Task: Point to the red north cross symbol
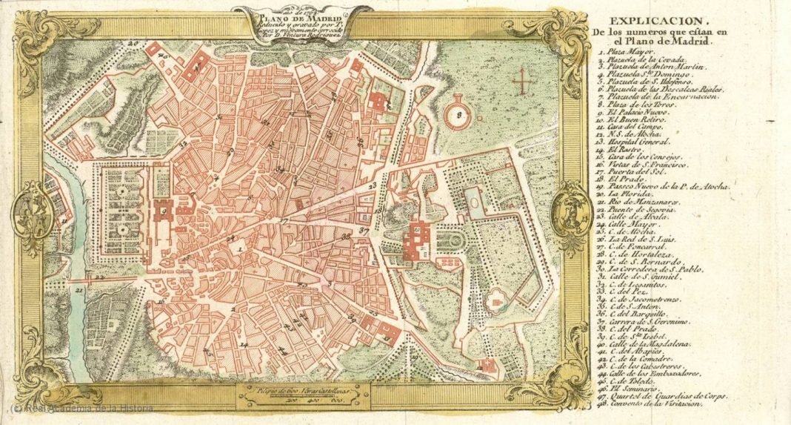tap(523, 80)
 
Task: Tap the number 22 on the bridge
tap(101, 277)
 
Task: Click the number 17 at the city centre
tap(283, 221)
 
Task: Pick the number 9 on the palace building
tap(163, 211)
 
